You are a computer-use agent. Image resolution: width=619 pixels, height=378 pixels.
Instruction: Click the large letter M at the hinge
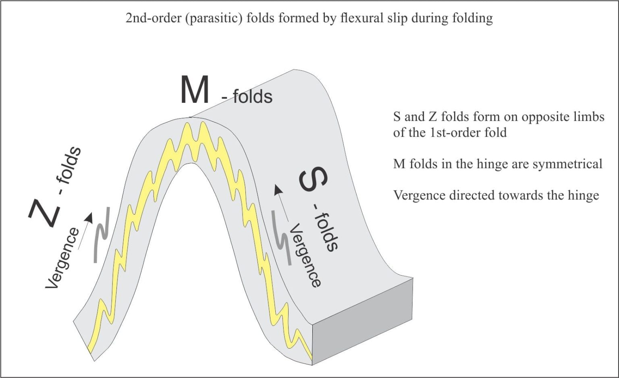point(194,89)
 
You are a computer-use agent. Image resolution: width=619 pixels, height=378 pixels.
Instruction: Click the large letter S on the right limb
point(314,180)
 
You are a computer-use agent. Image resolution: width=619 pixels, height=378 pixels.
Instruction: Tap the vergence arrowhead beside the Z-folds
point(89,218)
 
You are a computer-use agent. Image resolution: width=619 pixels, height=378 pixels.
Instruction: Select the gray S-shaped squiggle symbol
point(282,238)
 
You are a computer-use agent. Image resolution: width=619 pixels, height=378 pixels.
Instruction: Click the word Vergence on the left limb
point(62,258)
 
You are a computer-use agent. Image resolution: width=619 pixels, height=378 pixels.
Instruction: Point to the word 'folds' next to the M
point(253,97)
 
